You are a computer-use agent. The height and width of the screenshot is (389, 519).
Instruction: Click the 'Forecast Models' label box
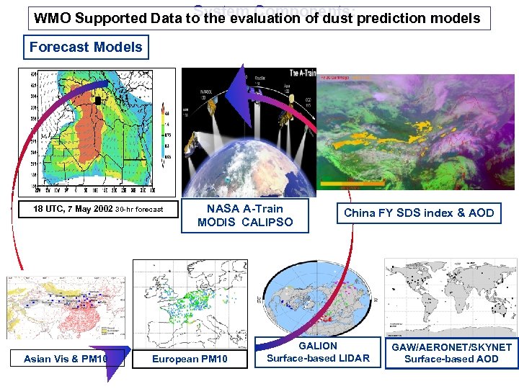pos(86,48)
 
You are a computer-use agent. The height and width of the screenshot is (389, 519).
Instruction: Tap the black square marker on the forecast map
pos(98,100)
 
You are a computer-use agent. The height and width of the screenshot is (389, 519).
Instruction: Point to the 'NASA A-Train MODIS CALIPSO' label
pos(245,215)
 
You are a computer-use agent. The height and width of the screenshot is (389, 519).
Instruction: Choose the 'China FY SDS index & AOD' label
pos(419,213)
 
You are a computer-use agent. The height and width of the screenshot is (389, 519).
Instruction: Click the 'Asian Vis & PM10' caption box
pos(65,359)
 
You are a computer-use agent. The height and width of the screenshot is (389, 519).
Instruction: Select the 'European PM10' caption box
pos(190,359)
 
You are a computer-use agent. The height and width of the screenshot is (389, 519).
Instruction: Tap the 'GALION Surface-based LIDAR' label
pos(318,352)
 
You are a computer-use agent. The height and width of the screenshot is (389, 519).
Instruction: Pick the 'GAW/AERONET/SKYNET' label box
pos(451,353)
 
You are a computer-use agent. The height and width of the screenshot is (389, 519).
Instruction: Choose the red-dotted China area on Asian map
pos(72,317)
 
